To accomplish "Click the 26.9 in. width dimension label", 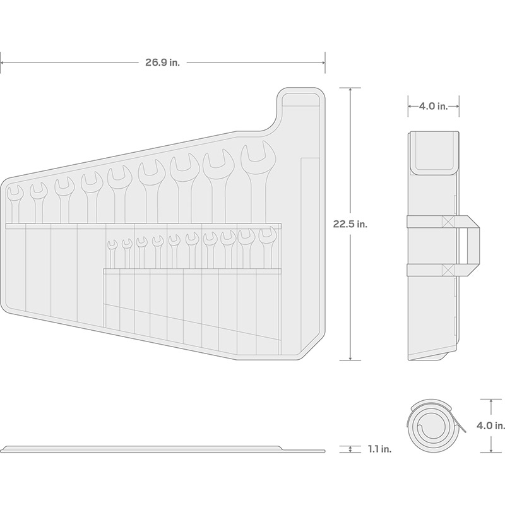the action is [x=162, y=62].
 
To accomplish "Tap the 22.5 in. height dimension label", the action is [x=350, y=224].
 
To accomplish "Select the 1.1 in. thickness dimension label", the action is [x=380, y=449].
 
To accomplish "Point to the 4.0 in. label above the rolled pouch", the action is [x=434, y=106].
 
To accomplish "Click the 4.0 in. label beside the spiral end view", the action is [x=490, y=425].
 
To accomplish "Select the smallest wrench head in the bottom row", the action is [x=112, y=245].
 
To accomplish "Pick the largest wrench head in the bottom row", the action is [x=267, y=237].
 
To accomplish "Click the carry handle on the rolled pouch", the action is [x=468, y=246].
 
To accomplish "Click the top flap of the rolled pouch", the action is [x=434, y=153].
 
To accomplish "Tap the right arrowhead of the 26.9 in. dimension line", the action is [x=323, y=62].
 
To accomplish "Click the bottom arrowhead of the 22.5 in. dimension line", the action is [x=350, y=358].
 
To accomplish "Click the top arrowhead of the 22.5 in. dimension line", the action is [x=350, y=90].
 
